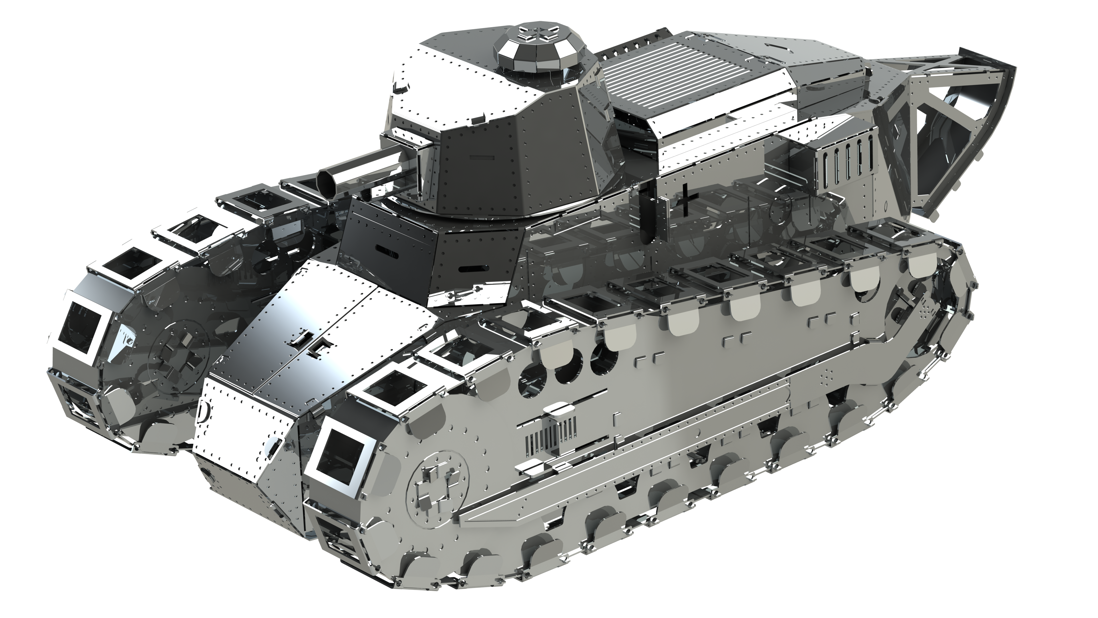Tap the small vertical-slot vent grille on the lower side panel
(550, 439)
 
